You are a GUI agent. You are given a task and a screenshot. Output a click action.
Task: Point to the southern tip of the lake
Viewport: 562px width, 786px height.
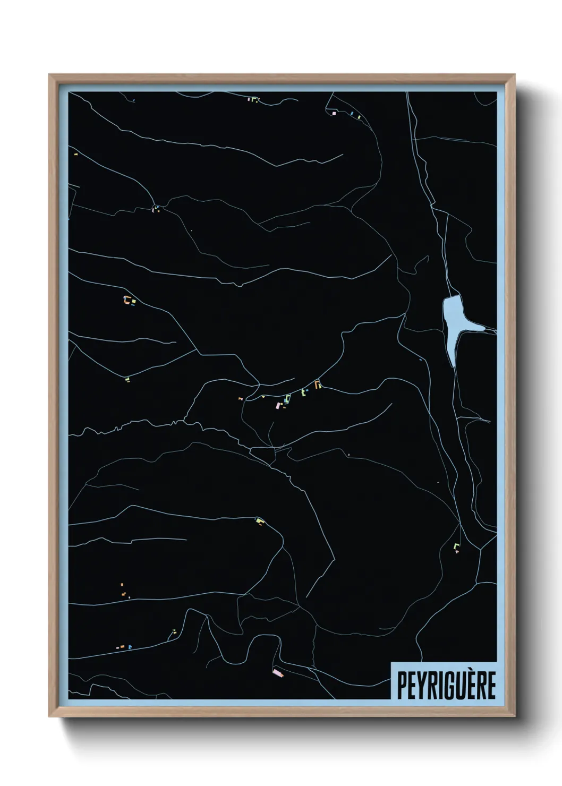[453, 363]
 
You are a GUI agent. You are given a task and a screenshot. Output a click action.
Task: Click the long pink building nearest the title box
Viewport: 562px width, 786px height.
[278, 673]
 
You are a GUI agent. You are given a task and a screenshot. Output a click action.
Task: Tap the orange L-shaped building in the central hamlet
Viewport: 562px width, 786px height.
[318, 383]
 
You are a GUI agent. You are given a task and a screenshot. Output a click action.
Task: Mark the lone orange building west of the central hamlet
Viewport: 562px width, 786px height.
[240, 398]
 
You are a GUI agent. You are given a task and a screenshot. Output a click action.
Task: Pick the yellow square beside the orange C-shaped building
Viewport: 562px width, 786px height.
[133, 302]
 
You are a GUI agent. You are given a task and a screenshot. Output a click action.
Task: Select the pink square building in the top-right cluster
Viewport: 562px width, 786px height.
[334, 113]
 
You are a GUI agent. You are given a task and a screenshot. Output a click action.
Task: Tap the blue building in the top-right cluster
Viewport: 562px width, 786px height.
[352, 114]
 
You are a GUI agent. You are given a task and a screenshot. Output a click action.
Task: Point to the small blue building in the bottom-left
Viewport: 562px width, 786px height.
[130, 647]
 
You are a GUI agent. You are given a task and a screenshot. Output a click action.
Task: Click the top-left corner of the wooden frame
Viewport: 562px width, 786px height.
[50, 75]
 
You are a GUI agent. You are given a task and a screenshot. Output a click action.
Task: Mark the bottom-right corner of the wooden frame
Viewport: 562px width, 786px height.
[514, 717]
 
